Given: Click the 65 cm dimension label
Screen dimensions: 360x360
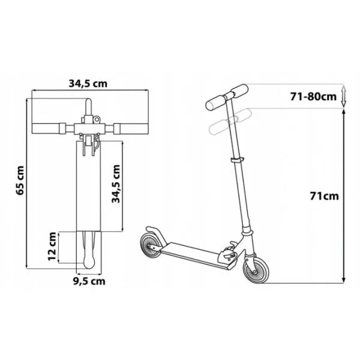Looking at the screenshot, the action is (x=20, y=181).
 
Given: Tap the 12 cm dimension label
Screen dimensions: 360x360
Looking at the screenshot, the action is (x=52, y=247).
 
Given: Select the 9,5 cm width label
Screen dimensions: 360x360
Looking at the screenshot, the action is (x=89, y=281).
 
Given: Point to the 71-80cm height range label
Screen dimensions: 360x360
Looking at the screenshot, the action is (x=313, y=97).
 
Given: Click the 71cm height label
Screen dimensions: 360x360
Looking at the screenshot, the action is (x=324, y=196).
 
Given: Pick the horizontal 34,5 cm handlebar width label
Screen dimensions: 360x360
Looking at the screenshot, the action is (x=88, y=84).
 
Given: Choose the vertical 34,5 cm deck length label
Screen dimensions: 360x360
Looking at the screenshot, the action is (x=116, y=184).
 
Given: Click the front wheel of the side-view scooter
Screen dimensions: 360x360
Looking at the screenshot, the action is (x=256, y=268).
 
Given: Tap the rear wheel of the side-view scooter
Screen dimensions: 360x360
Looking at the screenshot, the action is (x=151, y=245).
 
